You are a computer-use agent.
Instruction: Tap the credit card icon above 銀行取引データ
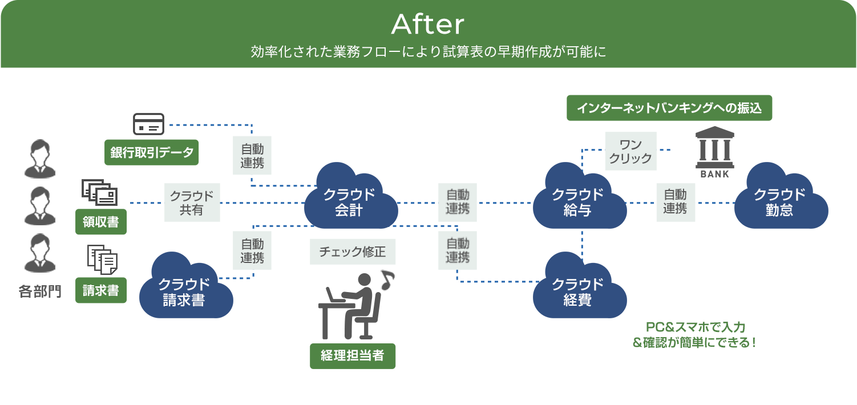148,124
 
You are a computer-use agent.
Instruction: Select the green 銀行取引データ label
151,152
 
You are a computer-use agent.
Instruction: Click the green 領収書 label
101,222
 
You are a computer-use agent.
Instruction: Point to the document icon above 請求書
102,260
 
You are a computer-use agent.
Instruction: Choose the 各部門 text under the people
39,291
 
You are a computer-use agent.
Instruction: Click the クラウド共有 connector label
192,202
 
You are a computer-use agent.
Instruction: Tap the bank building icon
714,152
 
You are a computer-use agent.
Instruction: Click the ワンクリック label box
630,151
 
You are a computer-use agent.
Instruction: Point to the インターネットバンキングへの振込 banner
669,108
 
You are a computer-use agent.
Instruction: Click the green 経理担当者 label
353,356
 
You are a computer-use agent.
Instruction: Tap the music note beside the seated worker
387,279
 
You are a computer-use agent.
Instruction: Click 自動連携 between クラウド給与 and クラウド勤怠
675,202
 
